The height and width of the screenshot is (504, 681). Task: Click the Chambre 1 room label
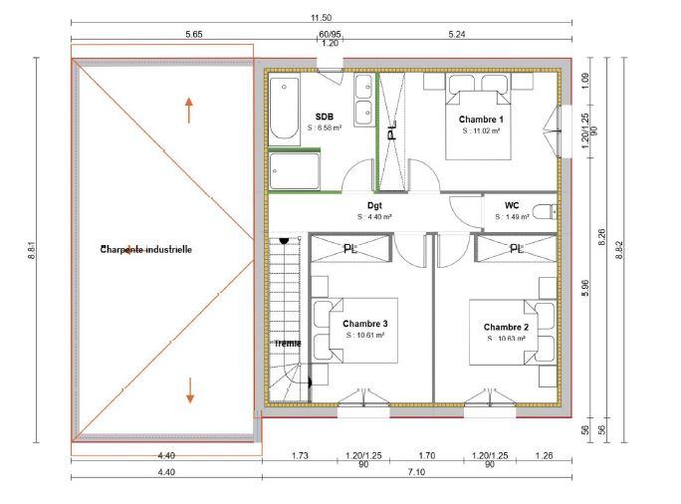coord(479,119)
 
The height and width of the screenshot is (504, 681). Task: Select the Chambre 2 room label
coord(505,327)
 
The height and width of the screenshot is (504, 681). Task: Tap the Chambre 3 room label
coord(364,324)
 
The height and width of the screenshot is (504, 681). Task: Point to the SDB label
coord(324,117)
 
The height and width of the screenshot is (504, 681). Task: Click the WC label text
coord(512,204)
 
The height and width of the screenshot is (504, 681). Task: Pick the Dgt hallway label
coord(374,204)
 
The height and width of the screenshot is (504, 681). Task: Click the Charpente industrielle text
coord(145,249)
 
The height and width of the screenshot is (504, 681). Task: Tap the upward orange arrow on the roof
coord(189,109)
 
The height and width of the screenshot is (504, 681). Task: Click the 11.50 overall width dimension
coord(321,17)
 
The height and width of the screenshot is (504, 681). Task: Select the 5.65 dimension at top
coord(193,35)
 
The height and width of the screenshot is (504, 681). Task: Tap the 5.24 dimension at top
coord(457,35)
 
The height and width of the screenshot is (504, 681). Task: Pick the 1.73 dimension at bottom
coord(299,455)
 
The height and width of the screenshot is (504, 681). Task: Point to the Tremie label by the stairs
coord(288,343)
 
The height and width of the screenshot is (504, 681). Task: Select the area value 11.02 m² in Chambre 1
coord(479,129)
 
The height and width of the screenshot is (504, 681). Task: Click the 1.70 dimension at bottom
coord(428,455)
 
